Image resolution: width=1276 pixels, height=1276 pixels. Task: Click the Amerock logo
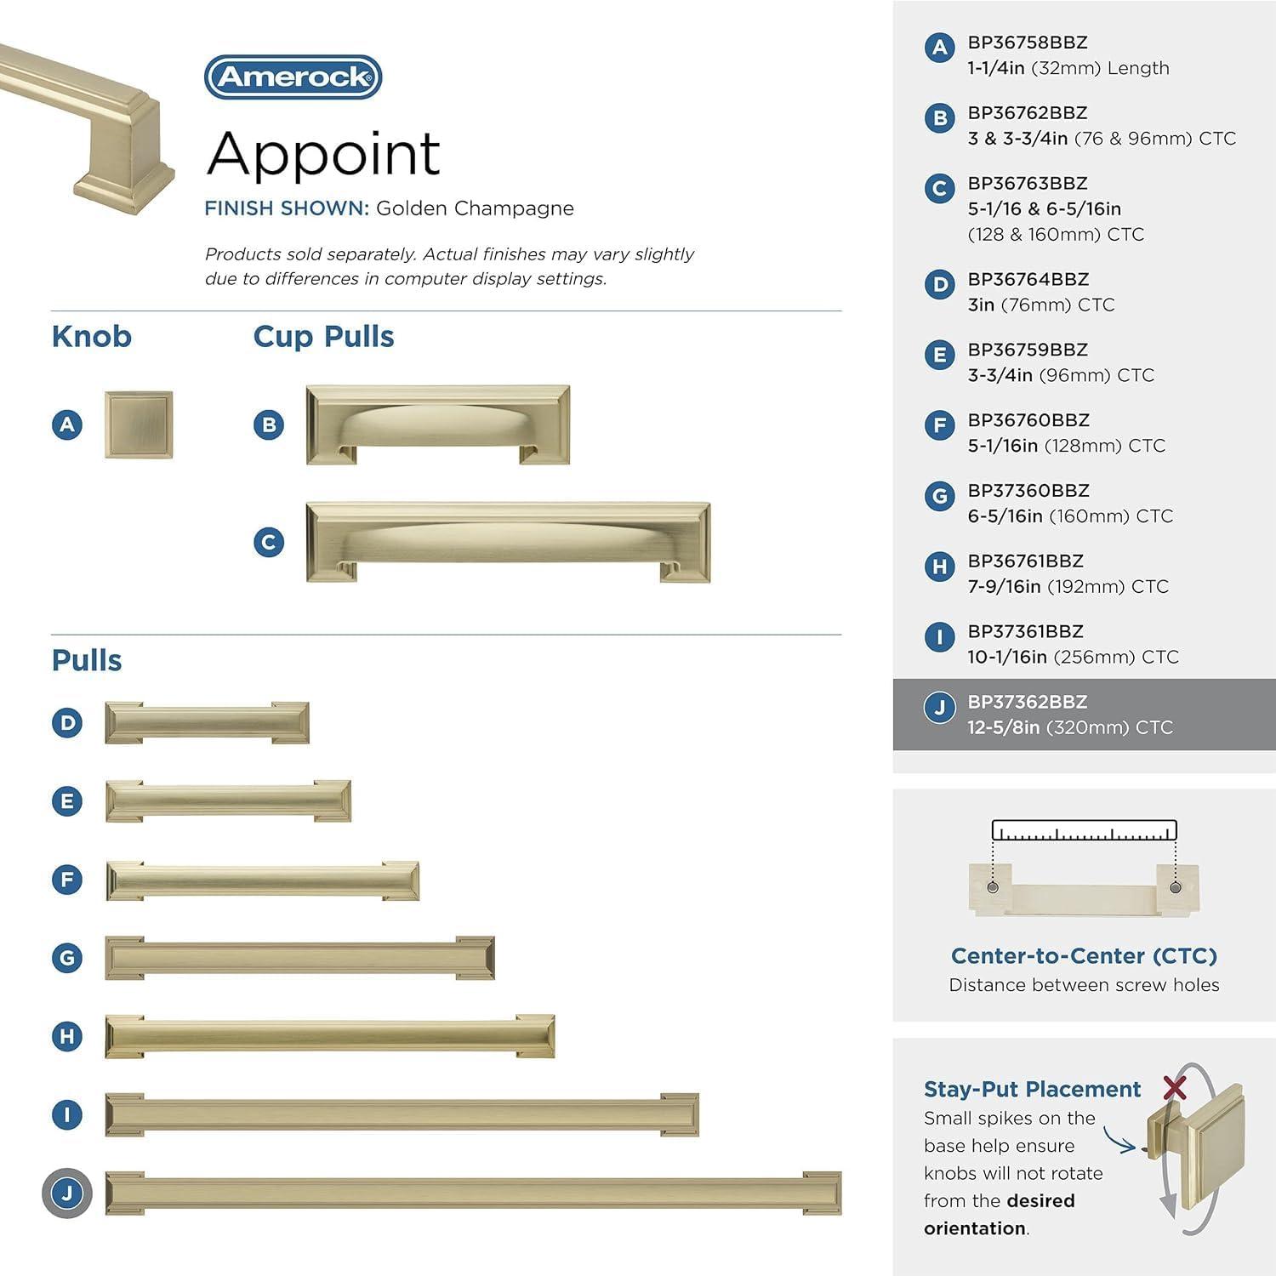coord(293,77)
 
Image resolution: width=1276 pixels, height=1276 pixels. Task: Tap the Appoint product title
coord(323,154)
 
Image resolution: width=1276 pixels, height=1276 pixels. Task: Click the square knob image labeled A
coord(139,424)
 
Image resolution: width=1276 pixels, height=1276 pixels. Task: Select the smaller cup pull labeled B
coord(437,424)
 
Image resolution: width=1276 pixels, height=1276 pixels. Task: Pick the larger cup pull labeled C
coord(508,542)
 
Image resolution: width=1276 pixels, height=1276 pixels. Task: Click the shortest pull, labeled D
coord(207,723)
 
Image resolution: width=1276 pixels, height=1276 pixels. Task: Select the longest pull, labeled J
coord(473,1193)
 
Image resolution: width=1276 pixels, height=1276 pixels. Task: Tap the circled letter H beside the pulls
coord(67,1036)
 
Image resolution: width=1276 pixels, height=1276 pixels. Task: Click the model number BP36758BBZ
coord(1027,43)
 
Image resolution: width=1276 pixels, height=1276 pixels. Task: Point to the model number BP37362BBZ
coord(1027,703)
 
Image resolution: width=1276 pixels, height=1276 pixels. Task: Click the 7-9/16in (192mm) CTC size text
coord(1068,586)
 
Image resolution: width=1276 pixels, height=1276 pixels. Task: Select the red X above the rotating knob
coord(1175,1087)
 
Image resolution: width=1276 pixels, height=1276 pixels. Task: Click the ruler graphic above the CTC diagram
coord(1084,831)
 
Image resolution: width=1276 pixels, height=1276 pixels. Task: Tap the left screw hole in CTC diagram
coord(993,887)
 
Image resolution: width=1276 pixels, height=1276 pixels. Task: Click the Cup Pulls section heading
coord(323,337)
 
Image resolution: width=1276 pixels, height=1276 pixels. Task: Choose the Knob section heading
coord(91,337)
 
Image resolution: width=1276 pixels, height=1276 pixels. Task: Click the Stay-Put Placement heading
coord(1032,1090)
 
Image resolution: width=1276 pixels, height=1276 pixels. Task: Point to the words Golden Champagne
coord(475,208)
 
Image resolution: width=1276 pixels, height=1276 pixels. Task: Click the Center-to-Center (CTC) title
coord(1084,956)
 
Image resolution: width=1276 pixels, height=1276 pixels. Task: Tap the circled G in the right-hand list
coord(939,496)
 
